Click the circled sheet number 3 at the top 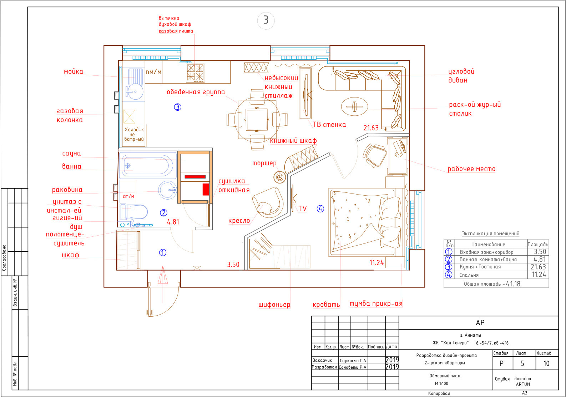(x=266, y=20)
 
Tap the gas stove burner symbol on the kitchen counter (x=195, y=73)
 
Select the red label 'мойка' (x=74, y=72)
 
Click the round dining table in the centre (x=257, y=119)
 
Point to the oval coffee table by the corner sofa (x=354, y=107)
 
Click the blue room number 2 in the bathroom (x=163, y=213)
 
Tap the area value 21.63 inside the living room (x=371, y=128)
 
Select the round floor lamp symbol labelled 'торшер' (x=280, y=177)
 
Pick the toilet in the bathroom (x=134, y=212)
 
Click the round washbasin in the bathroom (x=167, y=190)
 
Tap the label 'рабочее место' (x=471, y=169)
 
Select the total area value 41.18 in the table (x=513, y=284)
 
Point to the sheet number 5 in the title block (x=522, y=363)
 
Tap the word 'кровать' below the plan (x=326, y=305)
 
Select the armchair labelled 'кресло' (x=268, y=202)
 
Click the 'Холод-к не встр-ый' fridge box (x=134, y=135)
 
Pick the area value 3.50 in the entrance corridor (x=233, y=265)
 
